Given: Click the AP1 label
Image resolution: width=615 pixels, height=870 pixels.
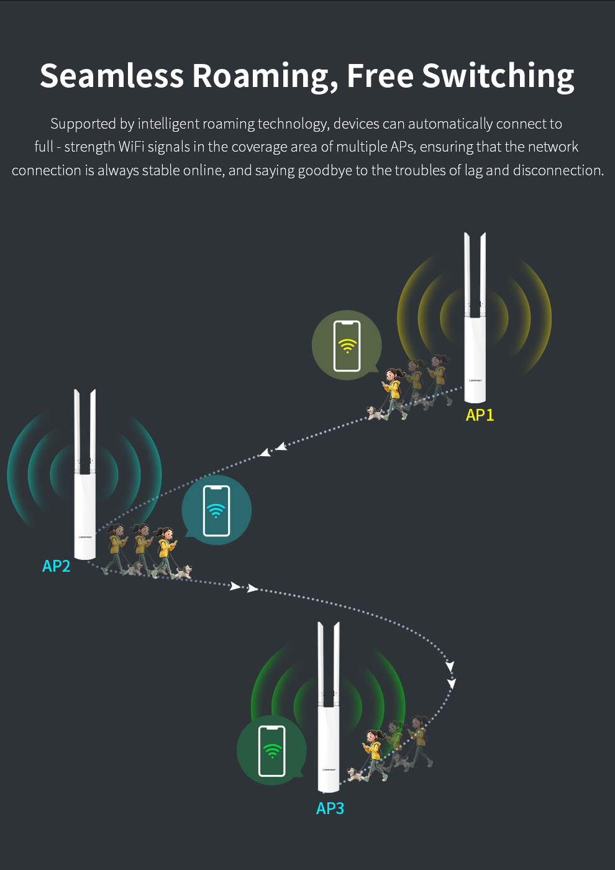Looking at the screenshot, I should (480, 415).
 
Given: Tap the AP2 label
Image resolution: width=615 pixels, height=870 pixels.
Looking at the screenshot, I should (56, 566).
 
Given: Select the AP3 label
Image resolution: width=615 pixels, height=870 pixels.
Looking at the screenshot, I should (330, 808).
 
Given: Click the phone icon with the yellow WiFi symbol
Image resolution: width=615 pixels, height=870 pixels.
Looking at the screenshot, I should (347, 346).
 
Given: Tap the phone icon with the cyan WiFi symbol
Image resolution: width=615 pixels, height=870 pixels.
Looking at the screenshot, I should (216, 511).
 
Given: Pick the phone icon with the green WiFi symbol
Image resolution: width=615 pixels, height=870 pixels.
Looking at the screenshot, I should (271, 751).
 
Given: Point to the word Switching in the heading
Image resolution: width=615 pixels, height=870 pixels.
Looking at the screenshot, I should (498, 76).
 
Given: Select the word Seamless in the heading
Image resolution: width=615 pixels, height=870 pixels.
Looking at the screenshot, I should (112, 76).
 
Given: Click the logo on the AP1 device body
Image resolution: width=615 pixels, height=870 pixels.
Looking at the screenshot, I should (475, 380).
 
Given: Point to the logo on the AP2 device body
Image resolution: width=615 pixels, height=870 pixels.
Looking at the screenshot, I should (85, 538).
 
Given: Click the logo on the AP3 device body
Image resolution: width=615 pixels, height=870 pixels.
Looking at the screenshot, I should (329, 769).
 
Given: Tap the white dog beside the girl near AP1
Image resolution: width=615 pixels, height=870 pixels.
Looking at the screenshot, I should (376, 413).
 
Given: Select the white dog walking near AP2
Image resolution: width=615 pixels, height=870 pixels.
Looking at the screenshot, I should (182, 572).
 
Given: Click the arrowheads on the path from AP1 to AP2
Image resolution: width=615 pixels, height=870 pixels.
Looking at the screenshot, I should (273, 449).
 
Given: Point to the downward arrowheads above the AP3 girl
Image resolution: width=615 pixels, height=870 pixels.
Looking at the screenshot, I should (450, 675).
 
